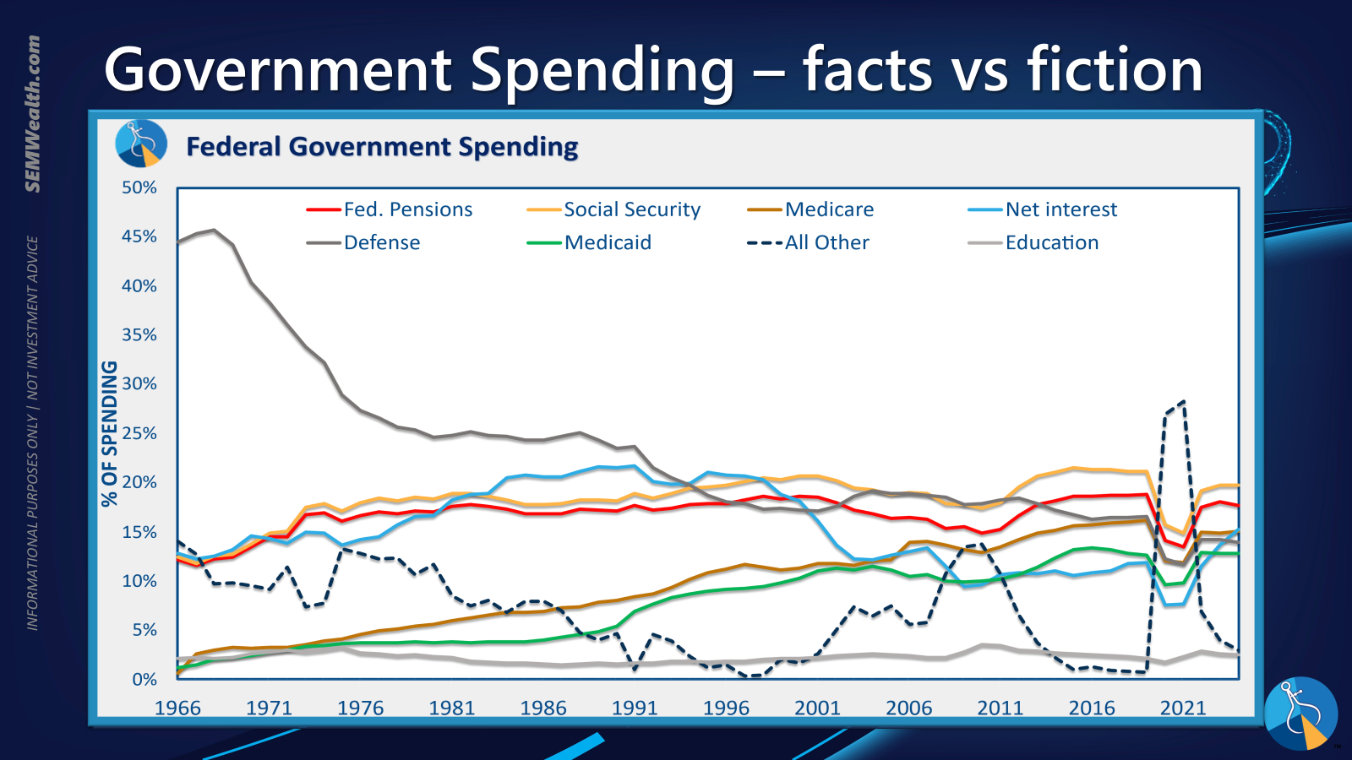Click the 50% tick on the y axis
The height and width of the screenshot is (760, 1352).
pyautogui.click(x=139, y=187)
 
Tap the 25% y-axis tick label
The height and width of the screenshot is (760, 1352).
pyautogui.click(x=139, y=433)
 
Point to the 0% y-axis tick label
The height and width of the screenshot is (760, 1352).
pyautogui.click(x=144, y=679)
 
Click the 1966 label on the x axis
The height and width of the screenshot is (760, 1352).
pyautogui.click(x=177, y=708)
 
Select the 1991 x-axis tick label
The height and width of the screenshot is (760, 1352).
pyautogui.click(x=635, y=708)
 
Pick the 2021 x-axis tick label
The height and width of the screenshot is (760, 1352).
pyautogui.click(x=1183, y=708)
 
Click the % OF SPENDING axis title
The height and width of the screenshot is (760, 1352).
pyautogui.click(x=110, y=433)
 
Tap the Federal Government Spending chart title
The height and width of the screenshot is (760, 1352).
pyautogui.click(x=382, y=147)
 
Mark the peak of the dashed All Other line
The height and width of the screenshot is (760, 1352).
pyautogui.click(x=1183, y=402)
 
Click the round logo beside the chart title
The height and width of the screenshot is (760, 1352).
pyautogui.click(x=141, y=144)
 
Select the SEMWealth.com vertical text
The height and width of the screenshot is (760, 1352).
pyautogui.click(x=33, y=114)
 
